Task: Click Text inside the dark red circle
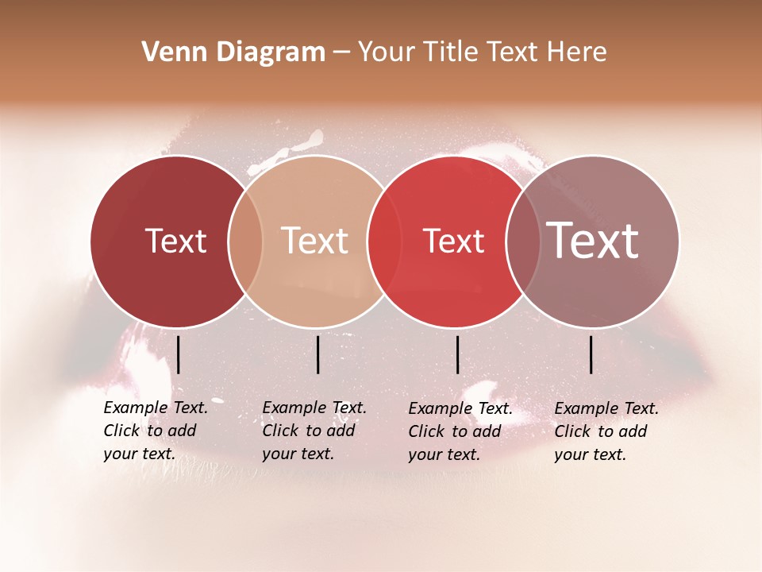(x=175, y=241)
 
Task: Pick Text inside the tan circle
(x=315, y=241)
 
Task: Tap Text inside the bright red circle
(x=454, y=242)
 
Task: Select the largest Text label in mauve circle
(x=593, y=241)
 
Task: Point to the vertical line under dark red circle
(x=179, y=354)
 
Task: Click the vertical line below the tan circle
(x=317, y=354)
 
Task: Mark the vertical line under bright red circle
(x=458, y=354)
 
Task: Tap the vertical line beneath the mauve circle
(x=591, y=354)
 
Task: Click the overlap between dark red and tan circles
(x=245, y=242)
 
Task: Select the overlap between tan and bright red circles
(x=384, y=242)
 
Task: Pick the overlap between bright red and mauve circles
(x=523, y=242)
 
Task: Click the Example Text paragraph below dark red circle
(x=155, y=431)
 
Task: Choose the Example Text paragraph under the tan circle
(x=314, y=431)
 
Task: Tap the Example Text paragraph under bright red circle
(x=460, y=431)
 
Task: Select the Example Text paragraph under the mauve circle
(x=606, y=431)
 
